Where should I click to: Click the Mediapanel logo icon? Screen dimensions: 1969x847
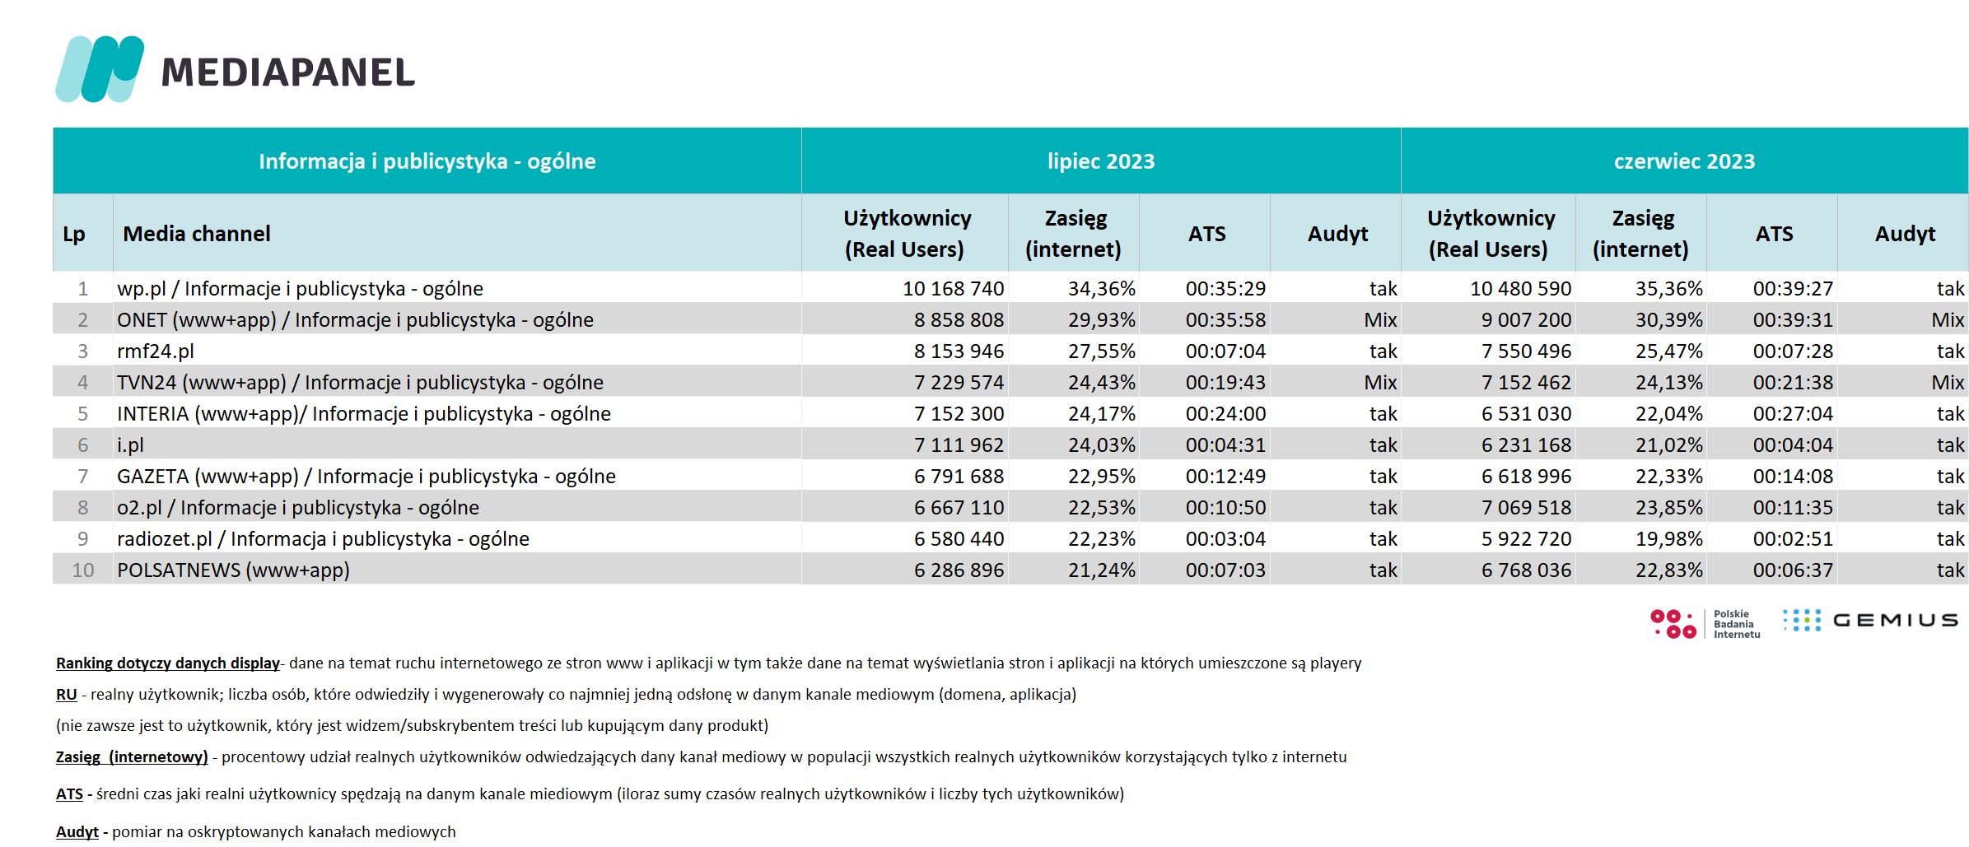point(100,69)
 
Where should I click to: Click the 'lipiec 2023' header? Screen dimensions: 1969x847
point(1101,161)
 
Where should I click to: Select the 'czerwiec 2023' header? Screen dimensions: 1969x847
point(1684,161)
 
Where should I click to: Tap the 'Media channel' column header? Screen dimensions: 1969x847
point(197,234)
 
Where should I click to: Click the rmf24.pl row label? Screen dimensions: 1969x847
point(156,351)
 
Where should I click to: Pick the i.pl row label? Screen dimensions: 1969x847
point(130,445)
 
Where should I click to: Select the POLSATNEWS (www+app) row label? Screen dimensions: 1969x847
point(233,570)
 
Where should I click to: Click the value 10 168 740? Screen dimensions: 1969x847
point(953,289)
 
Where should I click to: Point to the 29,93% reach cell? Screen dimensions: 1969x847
point(1102,320)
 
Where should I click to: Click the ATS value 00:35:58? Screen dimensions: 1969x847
point(1225,320)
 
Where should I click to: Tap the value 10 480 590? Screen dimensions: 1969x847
point(1520,289)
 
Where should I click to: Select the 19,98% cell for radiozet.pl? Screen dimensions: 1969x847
point(1669,539)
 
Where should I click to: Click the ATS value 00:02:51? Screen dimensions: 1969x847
point(1793,539)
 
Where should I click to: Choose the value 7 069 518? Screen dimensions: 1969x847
point(1526,508)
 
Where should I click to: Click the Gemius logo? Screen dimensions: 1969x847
point(1870,621)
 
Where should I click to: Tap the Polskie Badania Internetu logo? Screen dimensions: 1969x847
point(1705,624)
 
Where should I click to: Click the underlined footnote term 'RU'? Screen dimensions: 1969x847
point(66,695)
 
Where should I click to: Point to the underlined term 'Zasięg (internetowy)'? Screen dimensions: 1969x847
point(132,757)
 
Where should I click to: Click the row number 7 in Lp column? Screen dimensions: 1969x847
point(82,477)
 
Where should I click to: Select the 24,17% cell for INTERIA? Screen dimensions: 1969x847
point(1102,414)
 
